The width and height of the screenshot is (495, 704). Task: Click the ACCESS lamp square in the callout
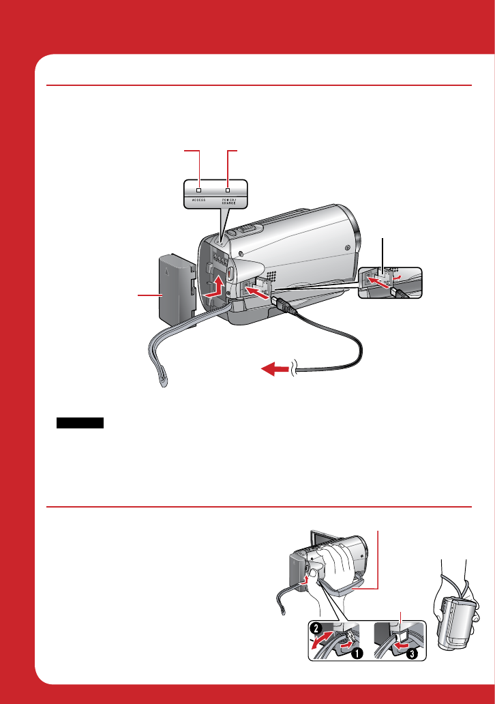pos(199,189)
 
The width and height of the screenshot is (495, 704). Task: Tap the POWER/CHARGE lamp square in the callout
pos(228,189)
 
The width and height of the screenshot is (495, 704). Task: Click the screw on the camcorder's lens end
pos(348,248)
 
